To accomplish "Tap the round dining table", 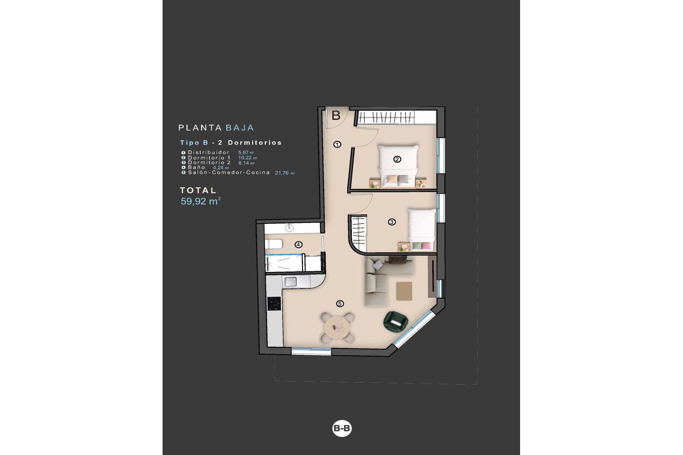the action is pos(337,327).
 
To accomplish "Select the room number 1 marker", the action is pos(337,144).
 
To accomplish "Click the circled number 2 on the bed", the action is pos(397,159).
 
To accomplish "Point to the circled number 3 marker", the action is pos(392,222).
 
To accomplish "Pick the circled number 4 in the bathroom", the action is pos(298,245).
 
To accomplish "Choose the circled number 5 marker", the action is pos(340,304).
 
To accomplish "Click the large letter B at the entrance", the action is pos(336,115).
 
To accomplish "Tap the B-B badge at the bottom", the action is pos(341,428).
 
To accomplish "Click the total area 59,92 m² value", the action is pos(201,201).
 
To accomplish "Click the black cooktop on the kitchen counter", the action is pos(274,304).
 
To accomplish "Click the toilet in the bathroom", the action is pos(274,244).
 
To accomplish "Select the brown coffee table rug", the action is pos(404,291).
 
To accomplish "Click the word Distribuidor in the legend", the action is pos(209,152).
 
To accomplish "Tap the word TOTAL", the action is pos(198,191).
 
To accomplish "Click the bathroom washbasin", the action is pos(290,227).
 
